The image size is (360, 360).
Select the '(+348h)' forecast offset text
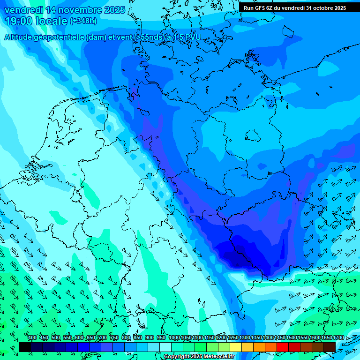pyautogui.click(x=83, y=21)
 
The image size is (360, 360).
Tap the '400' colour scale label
pyautogui.click(x=32, y=338)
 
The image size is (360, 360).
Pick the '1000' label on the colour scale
pyautogui.click(x=174, y=338)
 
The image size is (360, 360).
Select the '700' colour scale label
pyautogui.click(x=102, y=338)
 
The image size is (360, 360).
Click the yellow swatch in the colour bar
pyautogui.click(x=236, y=347)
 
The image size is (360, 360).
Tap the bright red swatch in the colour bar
pyautogui.click(x=283, y=347)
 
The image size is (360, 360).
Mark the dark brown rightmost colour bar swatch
pyautogui.click(x=330, y=347)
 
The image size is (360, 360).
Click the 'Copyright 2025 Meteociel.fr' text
pyautogui.click(x=199, y=357)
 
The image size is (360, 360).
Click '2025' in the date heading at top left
pyautogui.click(x=114, y=10)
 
